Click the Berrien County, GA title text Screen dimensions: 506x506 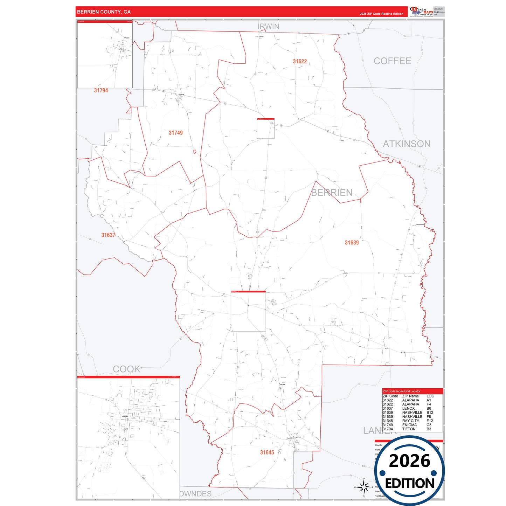point(104,12)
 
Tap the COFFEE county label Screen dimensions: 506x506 point(392,61)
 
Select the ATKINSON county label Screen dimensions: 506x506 point(407,144)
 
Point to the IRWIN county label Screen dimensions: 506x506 point(269,27)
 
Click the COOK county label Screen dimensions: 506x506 point(126,369)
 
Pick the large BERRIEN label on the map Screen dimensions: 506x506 point(332,193)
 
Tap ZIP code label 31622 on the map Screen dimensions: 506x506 point(300,61)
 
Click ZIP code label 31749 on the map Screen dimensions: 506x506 point(175,133)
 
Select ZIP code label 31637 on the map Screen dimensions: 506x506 point(108,235)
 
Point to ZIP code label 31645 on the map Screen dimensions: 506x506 point(267,452)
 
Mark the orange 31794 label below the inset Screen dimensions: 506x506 point(101,91)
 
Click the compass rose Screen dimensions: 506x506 point(363,487)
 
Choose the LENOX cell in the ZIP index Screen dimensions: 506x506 point(408,408)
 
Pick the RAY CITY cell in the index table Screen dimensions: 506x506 point(410,421)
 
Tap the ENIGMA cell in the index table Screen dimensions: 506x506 point(409,425)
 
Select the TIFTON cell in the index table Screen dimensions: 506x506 point(409,429)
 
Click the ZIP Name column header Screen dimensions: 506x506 point(410,396)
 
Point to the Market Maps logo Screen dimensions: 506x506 point(421,12)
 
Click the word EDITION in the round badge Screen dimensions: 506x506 point(410,484)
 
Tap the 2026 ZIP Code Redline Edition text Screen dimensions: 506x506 point(381,14)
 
